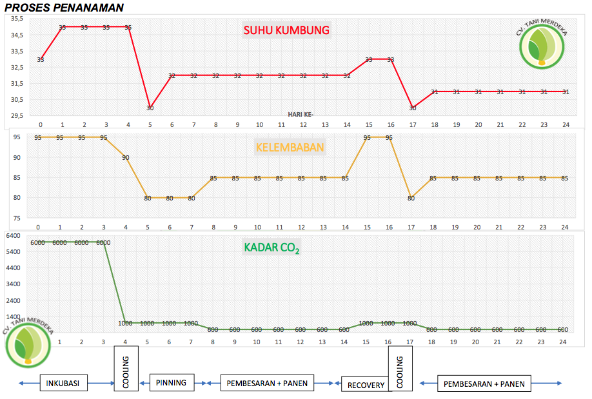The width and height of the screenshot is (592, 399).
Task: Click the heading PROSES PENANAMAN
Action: (64, 7)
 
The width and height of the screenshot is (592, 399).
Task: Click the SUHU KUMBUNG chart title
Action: (286, 30)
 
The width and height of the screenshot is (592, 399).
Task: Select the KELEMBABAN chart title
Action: (290, 147)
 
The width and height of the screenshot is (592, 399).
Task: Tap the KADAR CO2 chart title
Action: (271, 248)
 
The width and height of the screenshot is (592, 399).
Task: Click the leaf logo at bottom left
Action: (27, 345)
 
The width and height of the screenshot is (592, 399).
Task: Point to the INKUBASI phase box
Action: (63, 384)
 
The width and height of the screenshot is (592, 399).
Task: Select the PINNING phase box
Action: (171, 383)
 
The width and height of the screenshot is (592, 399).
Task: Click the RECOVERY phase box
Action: (366, 385)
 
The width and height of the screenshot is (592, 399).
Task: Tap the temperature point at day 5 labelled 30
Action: (150, 108)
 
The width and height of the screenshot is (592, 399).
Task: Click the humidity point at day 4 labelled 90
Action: (126, 157)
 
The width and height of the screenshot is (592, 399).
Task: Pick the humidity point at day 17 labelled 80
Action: (411, 198)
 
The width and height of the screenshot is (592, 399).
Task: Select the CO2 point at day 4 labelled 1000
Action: (125, 323)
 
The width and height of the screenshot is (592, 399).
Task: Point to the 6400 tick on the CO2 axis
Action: (14, 236)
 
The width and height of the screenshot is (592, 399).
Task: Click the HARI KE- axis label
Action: (301, 113)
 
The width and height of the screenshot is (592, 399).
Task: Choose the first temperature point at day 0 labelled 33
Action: (41, 59)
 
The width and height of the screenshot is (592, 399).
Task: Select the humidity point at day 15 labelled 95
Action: (367, 137)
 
